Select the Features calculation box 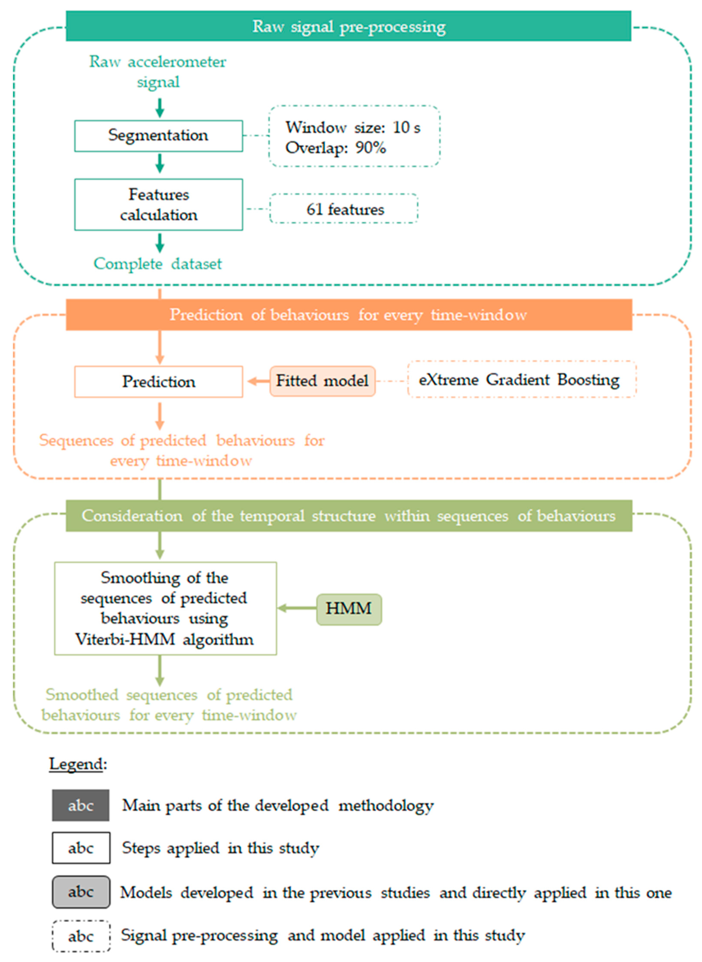[x=159, y=205]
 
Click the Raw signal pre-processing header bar [x=349, y=26]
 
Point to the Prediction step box [x=159, y=381]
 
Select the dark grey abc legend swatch [x=81, y=805]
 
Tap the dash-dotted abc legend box [x=81, y=935]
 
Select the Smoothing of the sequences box [x=165, y=609]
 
